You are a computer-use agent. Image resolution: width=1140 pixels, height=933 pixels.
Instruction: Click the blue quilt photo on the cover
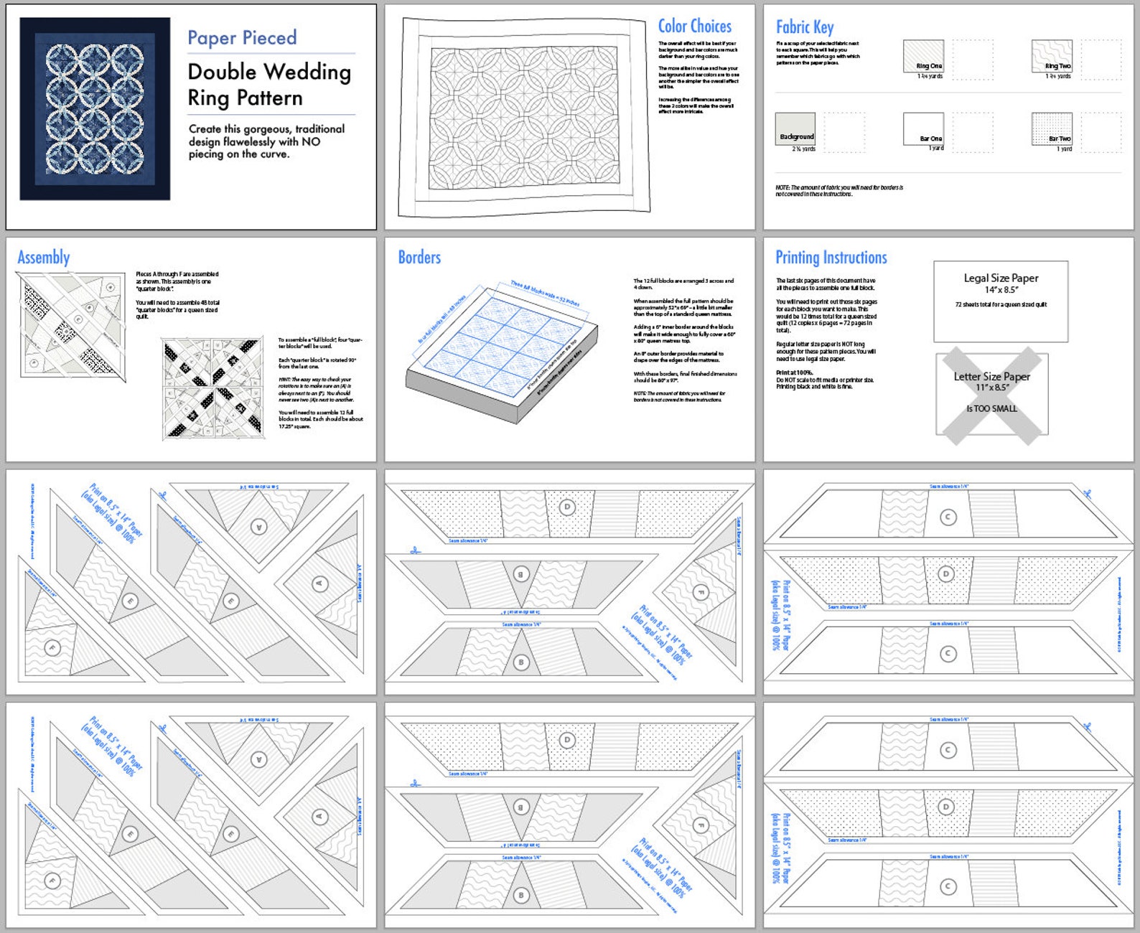[95, 109]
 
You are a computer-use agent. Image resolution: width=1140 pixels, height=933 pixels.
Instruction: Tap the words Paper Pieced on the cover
[242, 38]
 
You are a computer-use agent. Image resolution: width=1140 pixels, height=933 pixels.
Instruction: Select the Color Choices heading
[694, 27]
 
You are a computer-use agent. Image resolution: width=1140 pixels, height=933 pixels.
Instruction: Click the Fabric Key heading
[804, 27]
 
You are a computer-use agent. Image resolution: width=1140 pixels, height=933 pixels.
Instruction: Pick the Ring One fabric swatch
[923, 56]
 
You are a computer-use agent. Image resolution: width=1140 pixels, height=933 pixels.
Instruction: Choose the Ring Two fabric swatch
[1052, 56]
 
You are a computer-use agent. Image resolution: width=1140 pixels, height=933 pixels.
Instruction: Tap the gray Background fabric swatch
[795, 128]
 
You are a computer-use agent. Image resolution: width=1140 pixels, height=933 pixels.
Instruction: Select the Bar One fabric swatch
[923, 128]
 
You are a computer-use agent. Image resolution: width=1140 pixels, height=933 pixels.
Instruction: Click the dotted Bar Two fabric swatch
[1052, 128]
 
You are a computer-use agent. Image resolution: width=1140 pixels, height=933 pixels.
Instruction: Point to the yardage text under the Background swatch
[803, 149]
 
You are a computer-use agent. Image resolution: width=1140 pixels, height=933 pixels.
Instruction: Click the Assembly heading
[44, 258]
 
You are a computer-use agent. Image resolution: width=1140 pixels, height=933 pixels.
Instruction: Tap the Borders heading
[419, 258]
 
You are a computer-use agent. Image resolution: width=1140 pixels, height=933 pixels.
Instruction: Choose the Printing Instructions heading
[831, 258]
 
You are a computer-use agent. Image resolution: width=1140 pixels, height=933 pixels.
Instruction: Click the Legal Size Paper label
[1001, 278]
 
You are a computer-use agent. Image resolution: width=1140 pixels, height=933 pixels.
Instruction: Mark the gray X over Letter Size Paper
[991, 393]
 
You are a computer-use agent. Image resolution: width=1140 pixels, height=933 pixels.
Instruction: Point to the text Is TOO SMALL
[991, 408]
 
